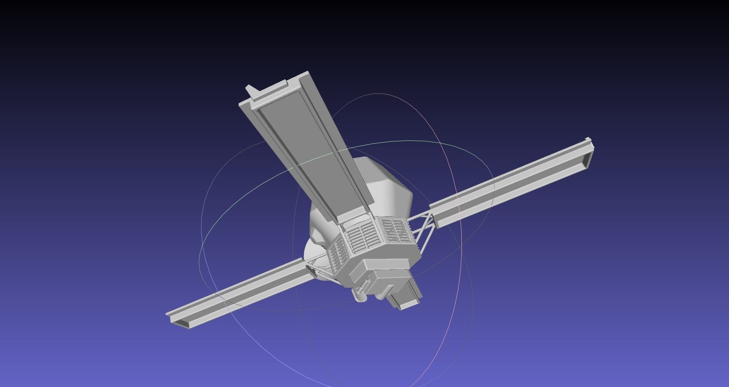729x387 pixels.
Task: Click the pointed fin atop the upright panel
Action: coord(251,90)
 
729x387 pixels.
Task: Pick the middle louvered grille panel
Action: coord(363,237)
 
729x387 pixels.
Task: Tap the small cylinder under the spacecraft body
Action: coord(359,295)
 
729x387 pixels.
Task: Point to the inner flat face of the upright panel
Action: coord(308,148)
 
